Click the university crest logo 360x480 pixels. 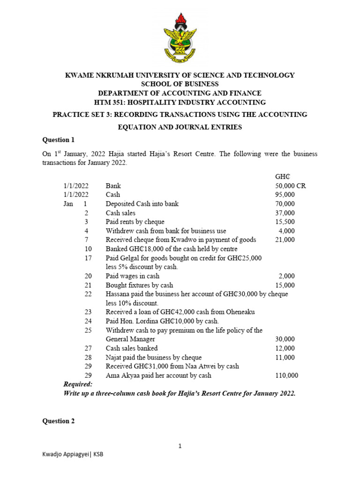(x=180, y=39)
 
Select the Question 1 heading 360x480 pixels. (x=59, y=140)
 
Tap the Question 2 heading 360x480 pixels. (x=59, y=421)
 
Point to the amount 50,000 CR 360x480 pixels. (x=290, y=186)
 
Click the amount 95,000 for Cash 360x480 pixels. (x=285, y=195)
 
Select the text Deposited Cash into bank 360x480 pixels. (x=142, y=203)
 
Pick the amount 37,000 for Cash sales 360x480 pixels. (x=285, y=213)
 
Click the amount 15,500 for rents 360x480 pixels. (x=285, y=222)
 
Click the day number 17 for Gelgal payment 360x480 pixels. (x=88, y=258)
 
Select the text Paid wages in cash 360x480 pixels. (x=133, y=276)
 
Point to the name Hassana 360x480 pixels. (x=119, y=294)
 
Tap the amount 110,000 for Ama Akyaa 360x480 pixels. (x=286, y=375)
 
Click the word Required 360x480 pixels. (x=78, y=384)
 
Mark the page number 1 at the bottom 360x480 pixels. (x=180, y=447)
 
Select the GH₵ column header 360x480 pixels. (x=283, y=177)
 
